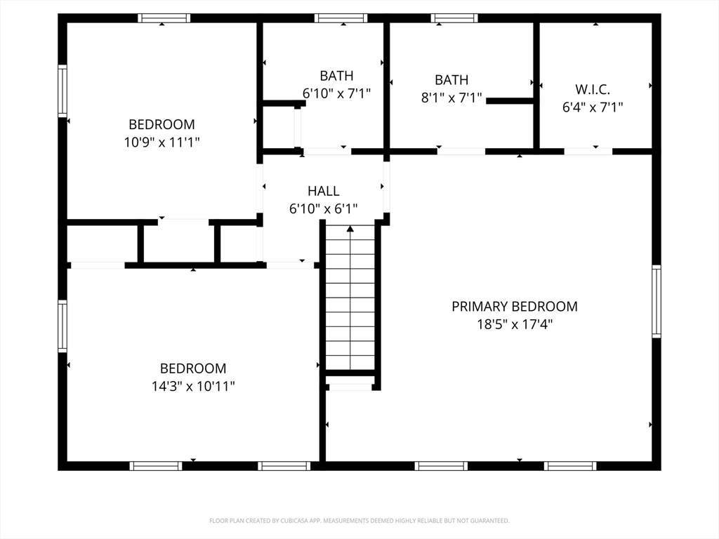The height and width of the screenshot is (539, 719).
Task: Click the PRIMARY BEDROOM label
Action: [515, 306]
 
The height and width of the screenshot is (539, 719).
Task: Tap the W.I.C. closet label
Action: [593, 89]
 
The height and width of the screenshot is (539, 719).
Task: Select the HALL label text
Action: [323, 191]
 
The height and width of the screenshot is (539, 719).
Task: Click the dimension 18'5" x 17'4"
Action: [515, 324]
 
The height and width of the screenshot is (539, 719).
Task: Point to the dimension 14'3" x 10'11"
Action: [193, 387]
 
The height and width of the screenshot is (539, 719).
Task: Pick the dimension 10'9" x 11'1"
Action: [161, 142]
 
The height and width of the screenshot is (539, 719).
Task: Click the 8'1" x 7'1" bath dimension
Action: [451, 98]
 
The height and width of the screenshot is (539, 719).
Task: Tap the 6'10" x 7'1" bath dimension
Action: [336, 93]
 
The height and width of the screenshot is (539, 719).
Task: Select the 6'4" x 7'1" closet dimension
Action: [593, 107]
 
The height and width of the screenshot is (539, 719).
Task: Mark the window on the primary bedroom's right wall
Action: [657, 302]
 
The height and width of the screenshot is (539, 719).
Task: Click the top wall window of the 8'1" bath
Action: [454, 18]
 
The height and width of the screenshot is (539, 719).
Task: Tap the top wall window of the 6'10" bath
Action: [341, 18]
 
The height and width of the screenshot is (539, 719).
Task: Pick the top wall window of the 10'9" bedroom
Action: [164, 18]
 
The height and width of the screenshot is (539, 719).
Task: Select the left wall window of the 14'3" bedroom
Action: [62, 326]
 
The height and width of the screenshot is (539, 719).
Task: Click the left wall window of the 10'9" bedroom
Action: [62, 91]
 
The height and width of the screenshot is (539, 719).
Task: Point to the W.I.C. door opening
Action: [588, 152]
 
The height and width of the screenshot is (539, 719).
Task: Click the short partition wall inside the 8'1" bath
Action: [510, 101]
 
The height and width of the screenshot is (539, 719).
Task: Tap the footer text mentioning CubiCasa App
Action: [359, 521]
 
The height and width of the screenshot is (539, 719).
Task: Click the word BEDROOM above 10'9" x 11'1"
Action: [161, 124]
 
